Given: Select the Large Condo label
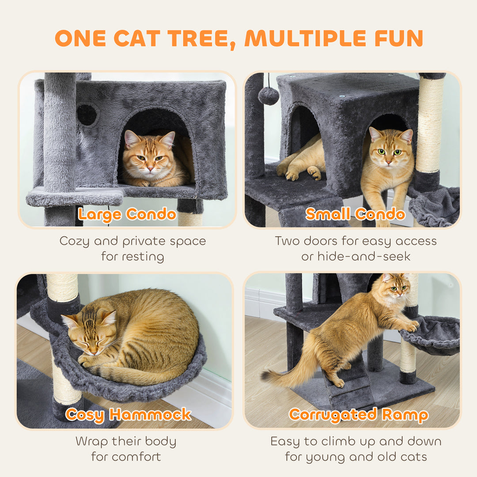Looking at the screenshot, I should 127,215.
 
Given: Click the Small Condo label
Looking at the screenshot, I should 355,215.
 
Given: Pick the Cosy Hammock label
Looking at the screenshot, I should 129,414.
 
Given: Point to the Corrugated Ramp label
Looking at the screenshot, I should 358,415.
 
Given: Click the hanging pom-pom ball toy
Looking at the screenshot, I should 269,95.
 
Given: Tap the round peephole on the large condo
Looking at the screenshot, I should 87,115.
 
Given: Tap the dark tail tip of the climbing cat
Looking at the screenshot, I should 266,375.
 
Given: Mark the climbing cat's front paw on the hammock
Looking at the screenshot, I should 412,327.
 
